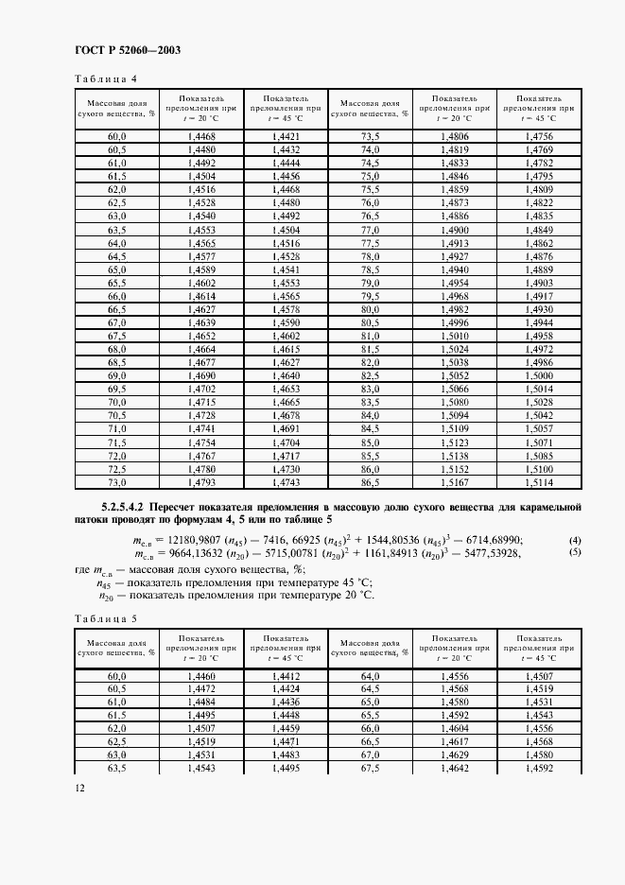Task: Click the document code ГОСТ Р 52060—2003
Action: point(128,50)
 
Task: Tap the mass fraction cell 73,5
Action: point(371,137)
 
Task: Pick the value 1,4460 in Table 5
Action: point(201,677)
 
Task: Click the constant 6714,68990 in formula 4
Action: point(489,540)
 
